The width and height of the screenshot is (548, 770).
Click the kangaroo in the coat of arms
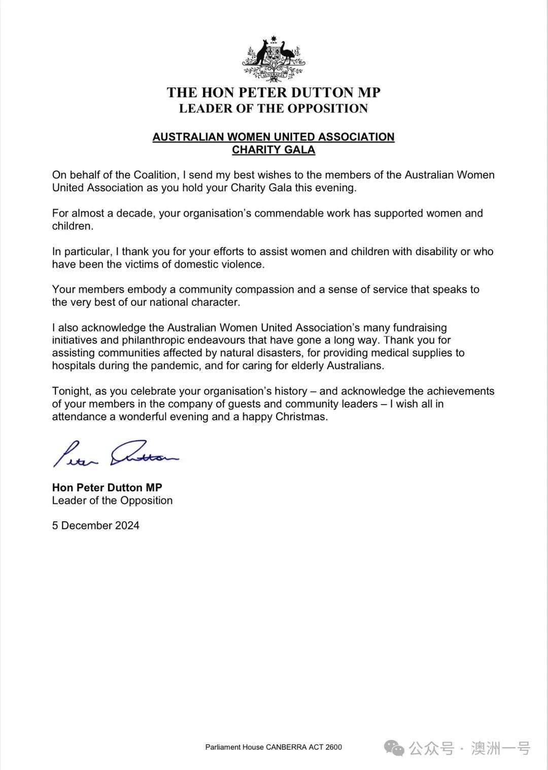pos(260,53)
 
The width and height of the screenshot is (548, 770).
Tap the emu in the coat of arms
pos(288,53)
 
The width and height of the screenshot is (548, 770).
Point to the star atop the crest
pos(274,39)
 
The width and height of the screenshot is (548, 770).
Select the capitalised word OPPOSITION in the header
pos(327,108)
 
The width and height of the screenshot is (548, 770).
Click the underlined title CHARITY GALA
pos(273,150)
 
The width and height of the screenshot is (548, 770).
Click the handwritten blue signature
pos(116,453)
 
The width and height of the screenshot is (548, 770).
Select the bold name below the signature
pos(107,488)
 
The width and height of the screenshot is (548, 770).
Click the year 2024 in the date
pos(127,526)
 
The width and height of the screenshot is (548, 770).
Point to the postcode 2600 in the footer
pos(333,747)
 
